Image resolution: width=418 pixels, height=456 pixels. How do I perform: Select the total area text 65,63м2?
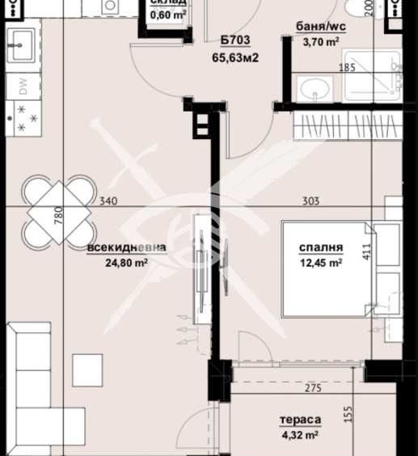click(x=234, y=57)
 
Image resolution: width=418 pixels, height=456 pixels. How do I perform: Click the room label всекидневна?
click(x=127, y=248)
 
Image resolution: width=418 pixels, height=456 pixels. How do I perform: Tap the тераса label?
click(x=300, y=420)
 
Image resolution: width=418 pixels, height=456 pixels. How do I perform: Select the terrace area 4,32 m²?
click(x=299, y=434)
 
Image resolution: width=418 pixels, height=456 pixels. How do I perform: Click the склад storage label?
click(x=169, y=2)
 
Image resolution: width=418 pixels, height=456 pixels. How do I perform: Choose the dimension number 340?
click(x=106, y=202)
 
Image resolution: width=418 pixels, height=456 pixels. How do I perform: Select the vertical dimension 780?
click(x=57, y=217)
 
